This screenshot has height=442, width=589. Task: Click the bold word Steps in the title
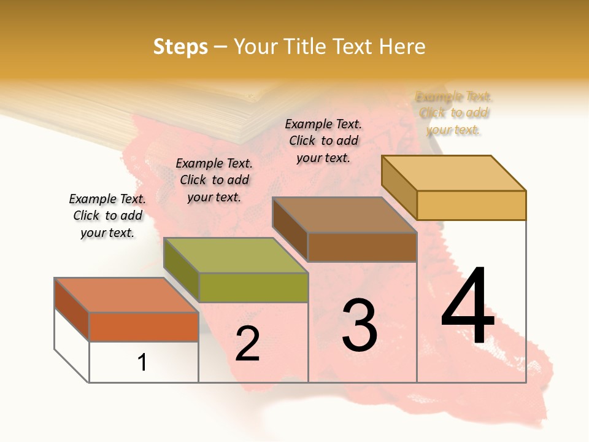tap(180, 47)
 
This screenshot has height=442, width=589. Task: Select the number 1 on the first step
tap(142, 363)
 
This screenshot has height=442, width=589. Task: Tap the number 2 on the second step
tap(247, 344)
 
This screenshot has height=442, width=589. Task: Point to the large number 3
tap(360, 326)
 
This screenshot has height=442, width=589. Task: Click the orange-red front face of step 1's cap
tap(144, 327)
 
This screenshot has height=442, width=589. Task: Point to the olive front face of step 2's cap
tap(253, 287)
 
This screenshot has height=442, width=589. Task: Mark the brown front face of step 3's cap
tap(362, 247)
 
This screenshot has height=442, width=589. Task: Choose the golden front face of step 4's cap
tap(471, 205)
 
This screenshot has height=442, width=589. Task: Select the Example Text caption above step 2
tap(214, 180)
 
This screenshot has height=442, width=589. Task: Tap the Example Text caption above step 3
tap(323, 141)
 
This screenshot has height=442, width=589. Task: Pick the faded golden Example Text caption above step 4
tap(453, 113)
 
